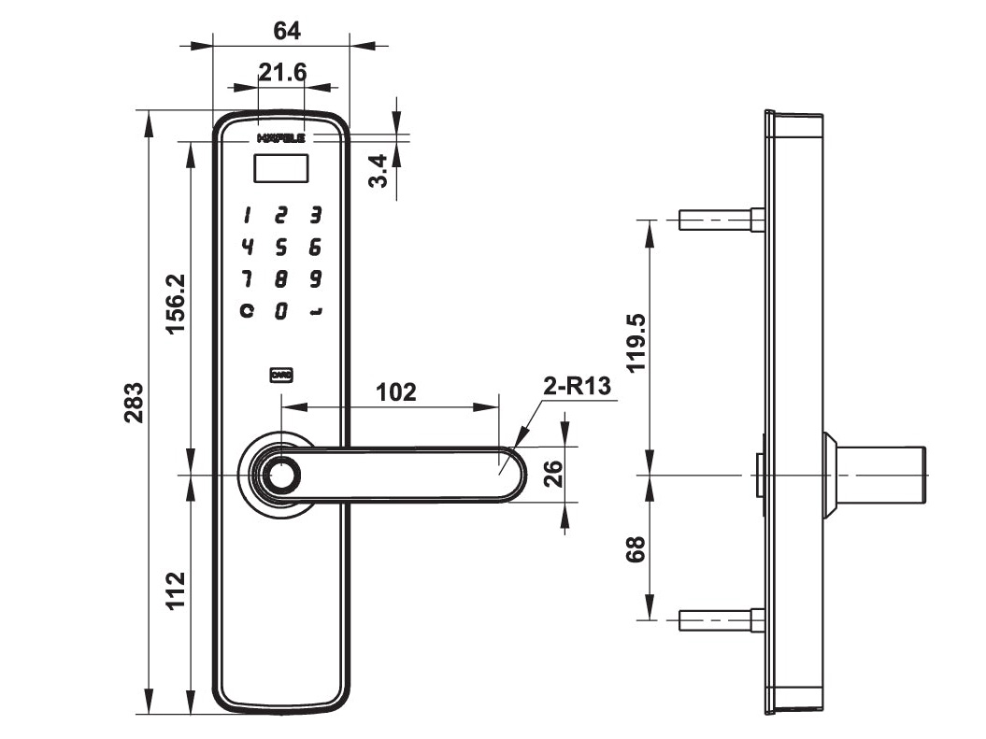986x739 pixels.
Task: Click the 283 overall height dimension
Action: [135, 403]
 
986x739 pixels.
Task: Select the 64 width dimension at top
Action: [286, 31]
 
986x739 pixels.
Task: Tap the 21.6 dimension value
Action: [282, 73]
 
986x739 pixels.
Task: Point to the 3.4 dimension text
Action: [379, 171]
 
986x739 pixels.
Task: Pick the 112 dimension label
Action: [175, 590]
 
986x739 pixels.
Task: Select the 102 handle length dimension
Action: [395, 391]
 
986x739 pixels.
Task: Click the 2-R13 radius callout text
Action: [578, 386]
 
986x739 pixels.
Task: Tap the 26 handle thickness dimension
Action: [552, 474]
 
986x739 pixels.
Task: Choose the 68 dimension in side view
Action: [637, 549]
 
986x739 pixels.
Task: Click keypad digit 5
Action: [280, 248]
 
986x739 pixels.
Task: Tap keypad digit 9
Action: [316, 278]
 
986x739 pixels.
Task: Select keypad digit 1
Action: [247, 216]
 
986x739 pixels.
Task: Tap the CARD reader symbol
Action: [281, 375]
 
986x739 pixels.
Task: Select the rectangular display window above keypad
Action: [280, 168]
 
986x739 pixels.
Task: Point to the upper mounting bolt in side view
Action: [721, 220]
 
